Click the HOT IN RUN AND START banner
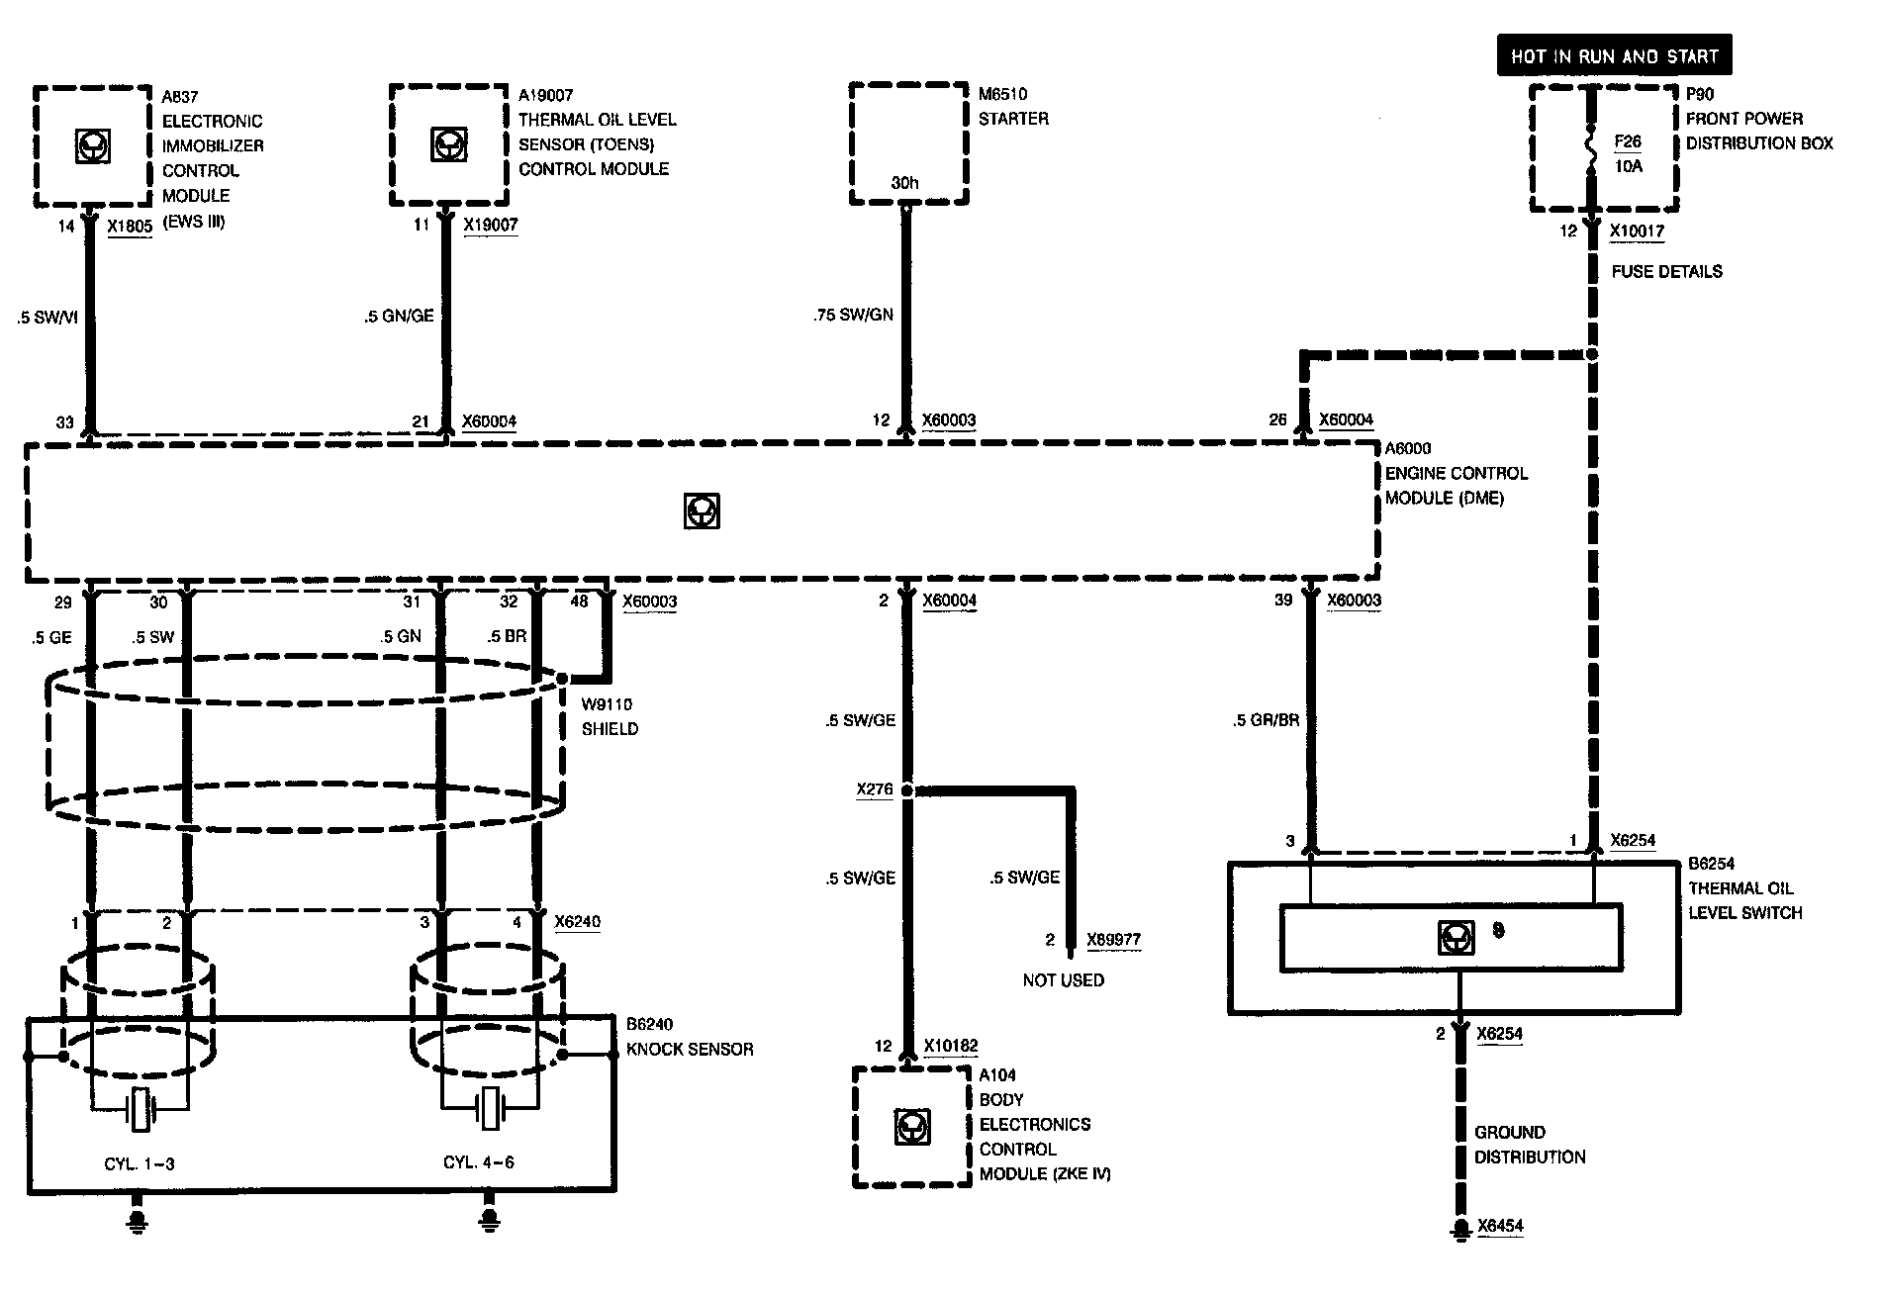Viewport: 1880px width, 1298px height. pyautogui.click(x=1614, y=56)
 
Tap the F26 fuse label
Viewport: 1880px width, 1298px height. pyautogui.click(x=1629, y=141)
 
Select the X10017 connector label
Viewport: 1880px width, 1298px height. pyautogui.click(x=1637, y=232)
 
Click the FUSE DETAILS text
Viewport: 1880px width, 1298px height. pyautogui.click(x=1666, y=271)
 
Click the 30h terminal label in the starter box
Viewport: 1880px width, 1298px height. pyautogui.click(x=904, y=183)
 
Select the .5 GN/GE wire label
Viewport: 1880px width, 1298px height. pyautogui.click(x=399, y=317)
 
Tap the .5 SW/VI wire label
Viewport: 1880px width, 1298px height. pyautogui.click(x=47, y=318)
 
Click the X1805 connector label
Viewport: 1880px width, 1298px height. pyautogui.click(x=130, y=227)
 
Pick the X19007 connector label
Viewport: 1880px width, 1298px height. pyautogui.click(x=491, y=226)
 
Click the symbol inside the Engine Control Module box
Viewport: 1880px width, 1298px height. pyautogui.click(x=702, y=511)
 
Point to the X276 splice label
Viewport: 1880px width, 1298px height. pyautogui.click(x=875, y=790)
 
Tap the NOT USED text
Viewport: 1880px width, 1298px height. pyautogui.click(x=1063, y=980)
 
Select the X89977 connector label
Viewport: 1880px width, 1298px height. pyautogui.click(x=1113, y=940)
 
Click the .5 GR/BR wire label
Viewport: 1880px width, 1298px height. pyautogui.click(x=1266, y=721)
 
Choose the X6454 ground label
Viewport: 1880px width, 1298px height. pyautogui.click(x=1500, y=1227)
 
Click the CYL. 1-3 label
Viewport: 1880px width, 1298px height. pyautogui.click(x=139, y=1163)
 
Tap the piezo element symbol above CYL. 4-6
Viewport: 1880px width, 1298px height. pyautogui.click(x=489, y=1109)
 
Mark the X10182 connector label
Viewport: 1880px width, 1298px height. pyautogui.click(x=950, y=1047)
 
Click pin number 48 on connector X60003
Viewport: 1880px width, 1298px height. pyautogui.click(x=579, y=602)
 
